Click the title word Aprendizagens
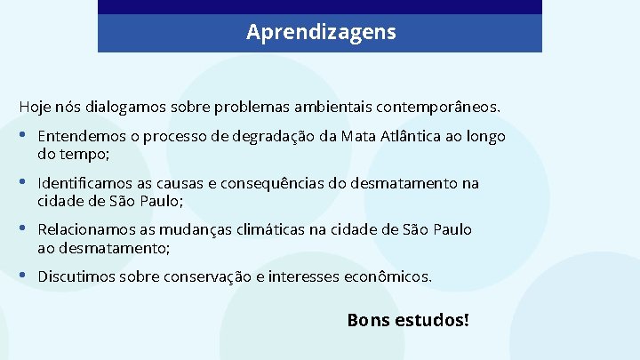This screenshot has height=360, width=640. click(x=321, y=33)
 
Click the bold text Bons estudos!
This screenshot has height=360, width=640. click(x=408, y=318)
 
